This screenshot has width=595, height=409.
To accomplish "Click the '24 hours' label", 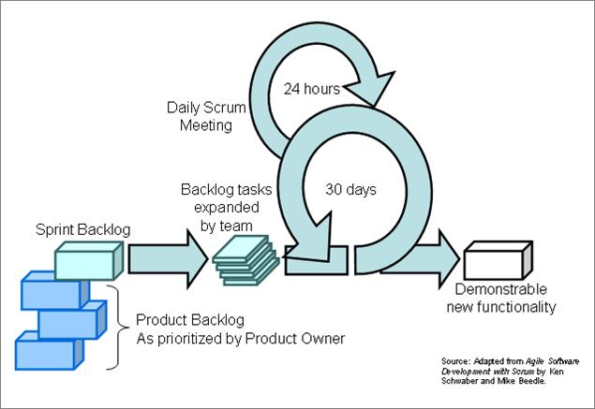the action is tap(312, 89).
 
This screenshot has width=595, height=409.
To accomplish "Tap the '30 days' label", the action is tap(350, 190).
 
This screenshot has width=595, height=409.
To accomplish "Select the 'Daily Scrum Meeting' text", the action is tap(206, 116).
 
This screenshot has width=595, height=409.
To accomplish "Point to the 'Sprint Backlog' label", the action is tap(82, 229).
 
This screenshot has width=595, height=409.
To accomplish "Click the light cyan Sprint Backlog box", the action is tap(89, 261).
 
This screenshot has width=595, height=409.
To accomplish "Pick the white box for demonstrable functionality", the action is tap(498, 260).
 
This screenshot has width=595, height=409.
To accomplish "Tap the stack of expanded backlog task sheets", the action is tap(245, 260).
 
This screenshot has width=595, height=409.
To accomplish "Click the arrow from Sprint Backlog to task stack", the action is tap(168, 259).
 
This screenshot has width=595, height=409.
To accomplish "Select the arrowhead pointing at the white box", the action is tap(449, 259).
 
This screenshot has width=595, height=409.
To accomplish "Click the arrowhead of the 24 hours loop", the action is tap(372, 88).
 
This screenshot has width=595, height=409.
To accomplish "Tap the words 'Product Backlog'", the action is tap(189, 320).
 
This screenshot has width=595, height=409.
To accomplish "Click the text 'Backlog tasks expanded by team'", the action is tap(227, 208).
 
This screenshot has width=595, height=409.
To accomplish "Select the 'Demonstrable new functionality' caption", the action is tap(501, 298).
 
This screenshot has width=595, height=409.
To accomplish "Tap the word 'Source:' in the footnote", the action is tap(455, 361).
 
